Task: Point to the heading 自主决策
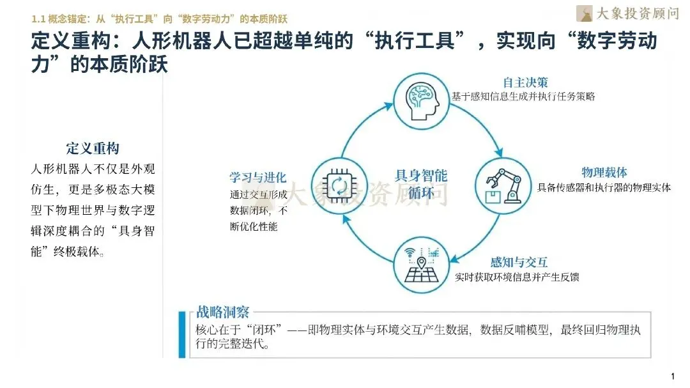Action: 525,83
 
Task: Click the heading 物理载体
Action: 604,173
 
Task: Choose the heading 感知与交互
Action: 519,263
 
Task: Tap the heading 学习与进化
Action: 257,178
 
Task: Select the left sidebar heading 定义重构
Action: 93,149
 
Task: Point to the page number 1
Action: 673,375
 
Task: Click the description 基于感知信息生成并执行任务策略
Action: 523,97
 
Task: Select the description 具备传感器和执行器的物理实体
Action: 604,188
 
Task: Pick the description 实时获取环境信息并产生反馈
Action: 517,278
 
